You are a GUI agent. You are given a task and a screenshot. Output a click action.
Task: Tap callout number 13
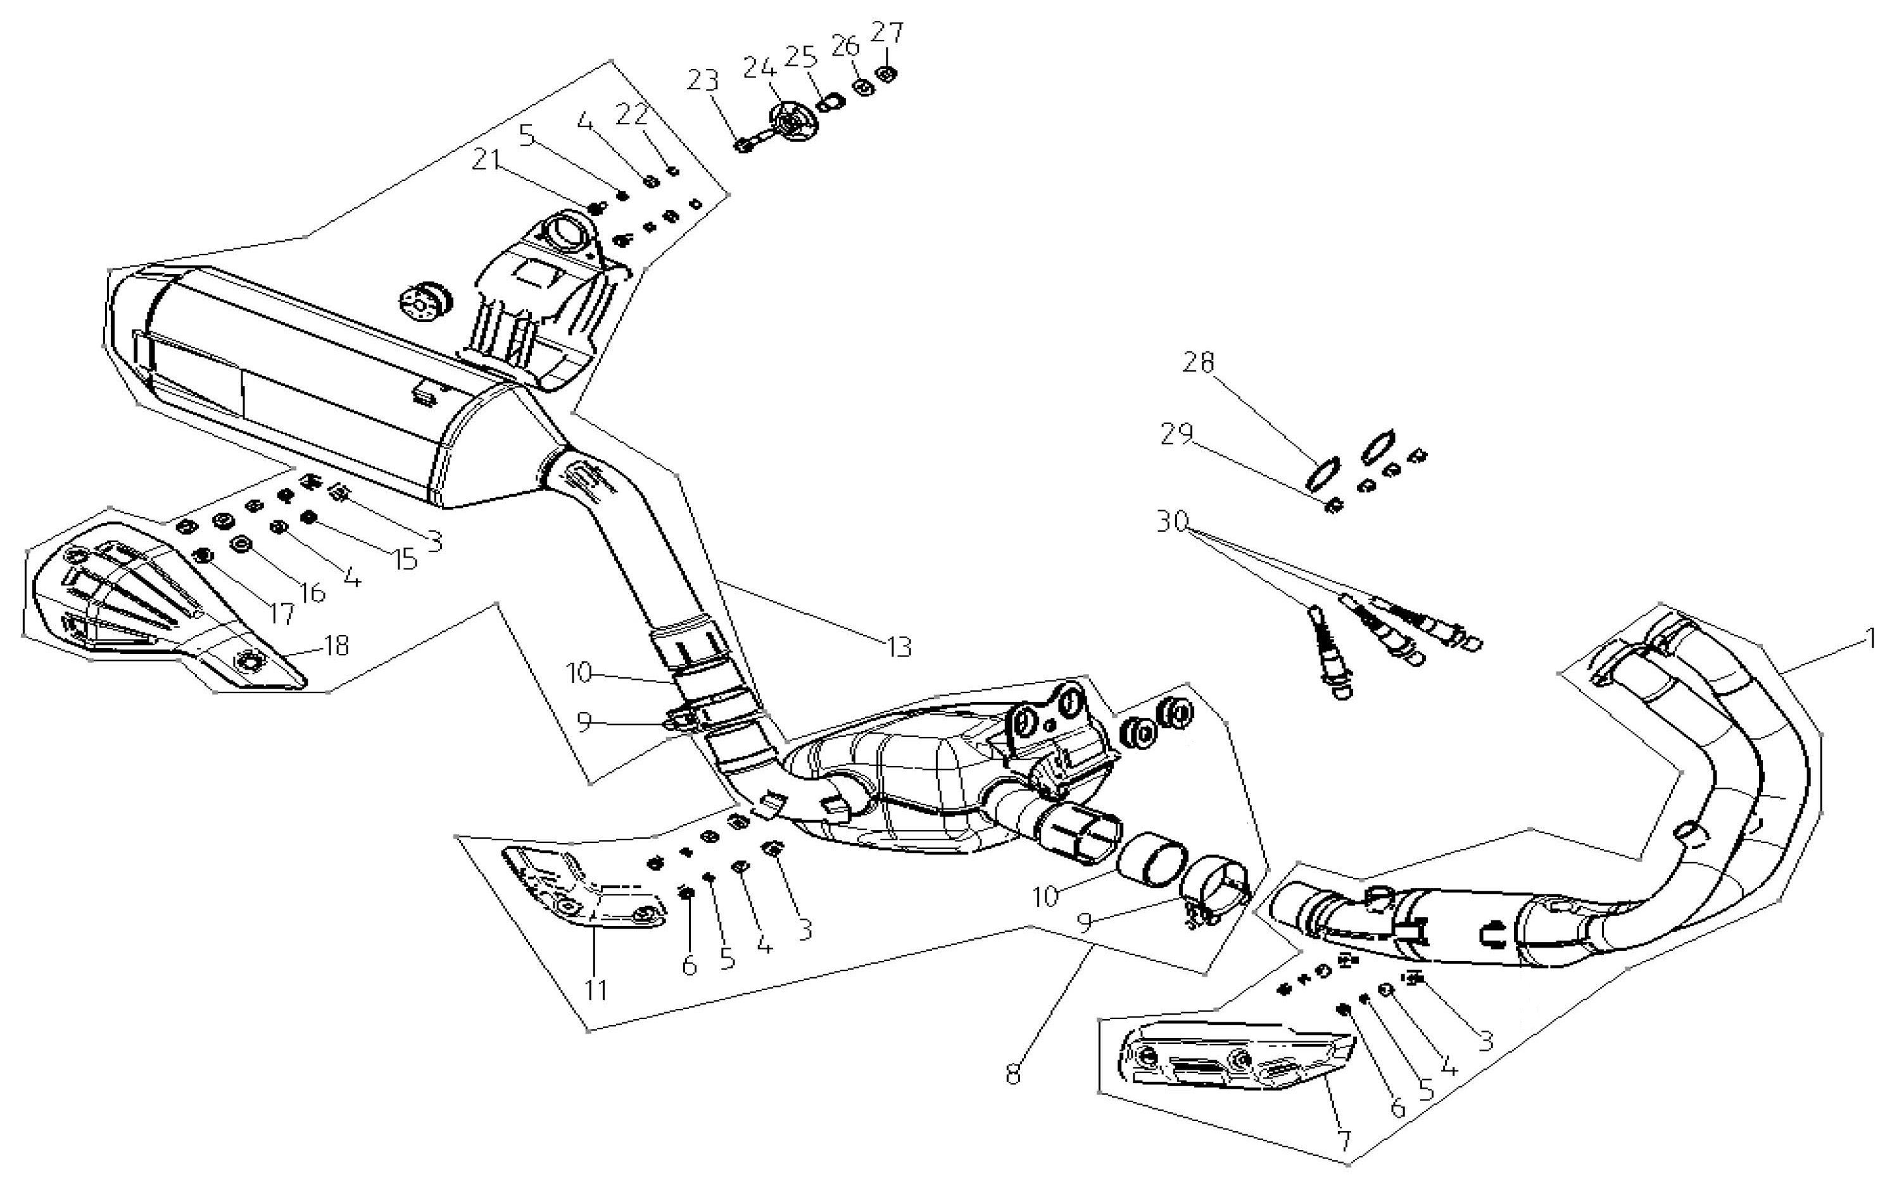coord(899,646)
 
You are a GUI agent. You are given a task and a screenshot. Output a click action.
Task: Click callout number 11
coord(596,989)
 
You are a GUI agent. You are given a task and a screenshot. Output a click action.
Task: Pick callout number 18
coord(337,645)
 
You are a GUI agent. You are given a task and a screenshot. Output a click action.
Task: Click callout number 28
coord(1199,363)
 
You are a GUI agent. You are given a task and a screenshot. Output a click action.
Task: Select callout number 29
coord(1176,434)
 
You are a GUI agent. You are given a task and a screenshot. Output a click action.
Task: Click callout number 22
coord(632,114)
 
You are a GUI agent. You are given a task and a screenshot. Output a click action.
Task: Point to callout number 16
coord(312,593)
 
